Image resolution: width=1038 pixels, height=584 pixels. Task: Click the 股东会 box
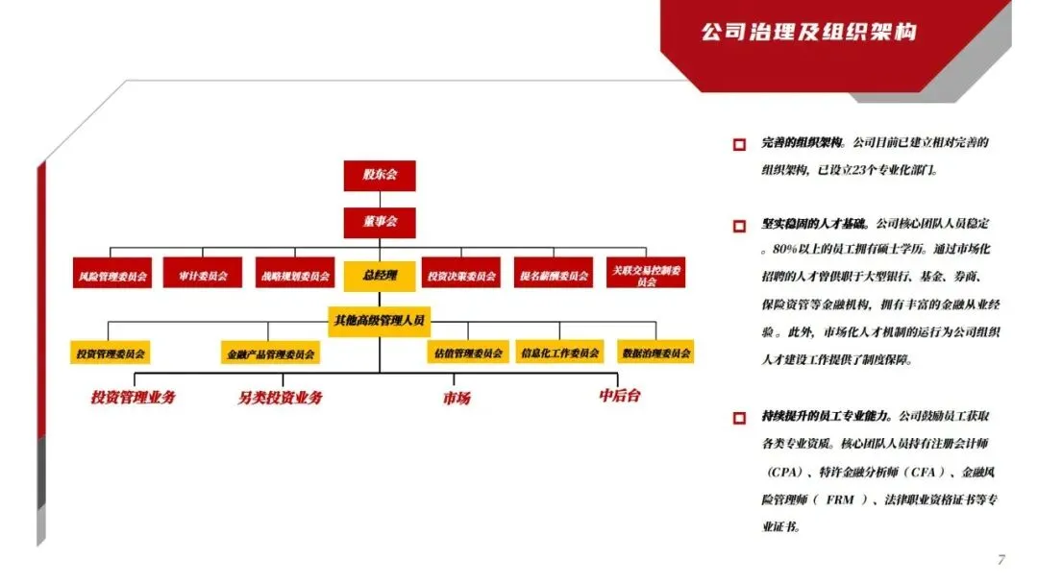380,175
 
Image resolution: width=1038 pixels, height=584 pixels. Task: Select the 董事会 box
380,222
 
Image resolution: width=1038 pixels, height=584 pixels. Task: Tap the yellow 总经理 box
380,276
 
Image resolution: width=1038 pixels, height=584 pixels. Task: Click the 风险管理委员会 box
112,276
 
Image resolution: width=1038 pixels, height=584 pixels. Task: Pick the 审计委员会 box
203,276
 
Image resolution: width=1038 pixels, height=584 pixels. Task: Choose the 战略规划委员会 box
294,276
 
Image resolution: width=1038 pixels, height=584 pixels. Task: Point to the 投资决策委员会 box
461,276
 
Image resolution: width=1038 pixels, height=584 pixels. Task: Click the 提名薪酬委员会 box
553,276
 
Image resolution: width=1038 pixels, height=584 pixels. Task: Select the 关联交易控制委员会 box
646,276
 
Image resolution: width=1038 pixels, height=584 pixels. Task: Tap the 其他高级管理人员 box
380,319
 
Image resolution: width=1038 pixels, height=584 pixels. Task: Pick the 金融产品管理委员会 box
270,353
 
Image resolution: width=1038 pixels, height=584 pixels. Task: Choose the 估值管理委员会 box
468,353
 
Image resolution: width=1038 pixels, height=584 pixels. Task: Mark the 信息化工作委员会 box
559,353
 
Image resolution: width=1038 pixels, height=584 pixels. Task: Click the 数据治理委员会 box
656,353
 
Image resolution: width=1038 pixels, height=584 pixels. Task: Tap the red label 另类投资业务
281,398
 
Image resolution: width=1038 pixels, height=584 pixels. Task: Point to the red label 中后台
619,396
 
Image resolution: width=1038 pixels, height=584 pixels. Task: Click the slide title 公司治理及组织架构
807,33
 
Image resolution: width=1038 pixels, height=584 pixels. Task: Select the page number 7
1001,560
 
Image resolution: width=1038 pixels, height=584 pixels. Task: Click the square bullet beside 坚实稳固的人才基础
739,227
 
